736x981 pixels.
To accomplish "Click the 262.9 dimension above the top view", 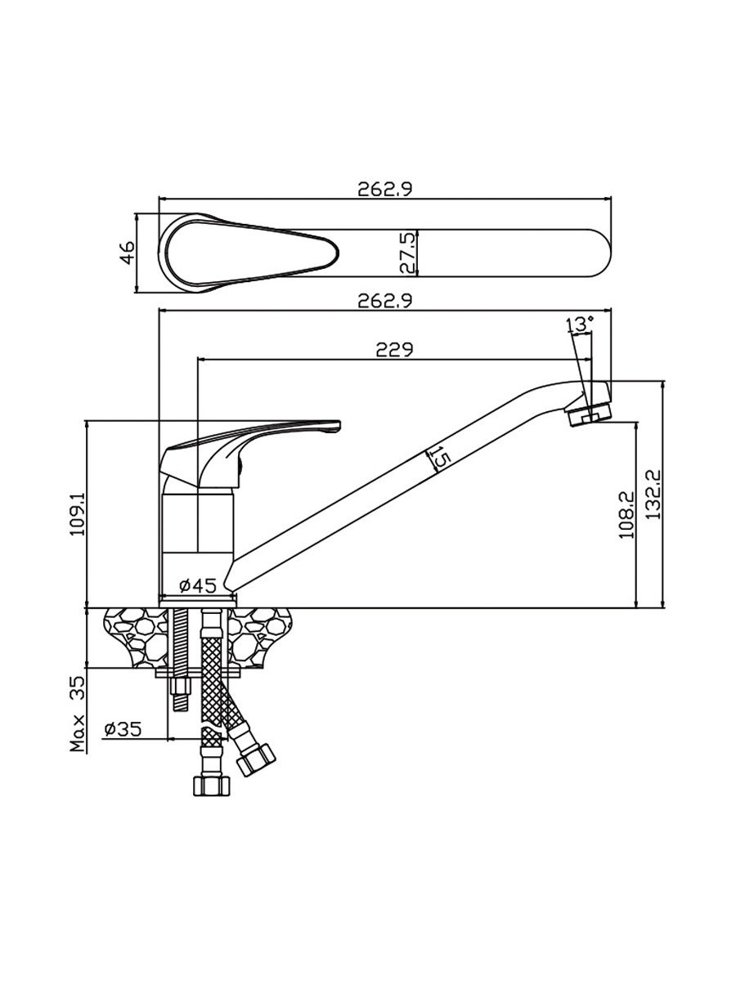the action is (x=384, y=190).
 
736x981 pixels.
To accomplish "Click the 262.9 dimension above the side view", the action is (x=384, y=301).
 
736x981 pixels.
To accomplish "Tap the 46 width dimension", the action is (x=128, y=253).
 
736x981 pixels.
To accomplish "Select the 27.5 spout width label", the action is (x=407, y=253).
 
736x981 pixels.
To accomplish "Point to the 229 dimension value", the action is (x=394, y=350).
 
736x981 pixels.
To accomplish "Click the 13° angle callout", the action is (x=580, y=325).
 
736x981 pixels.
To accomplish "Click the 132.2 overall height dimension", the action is (x=653, y=495).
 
